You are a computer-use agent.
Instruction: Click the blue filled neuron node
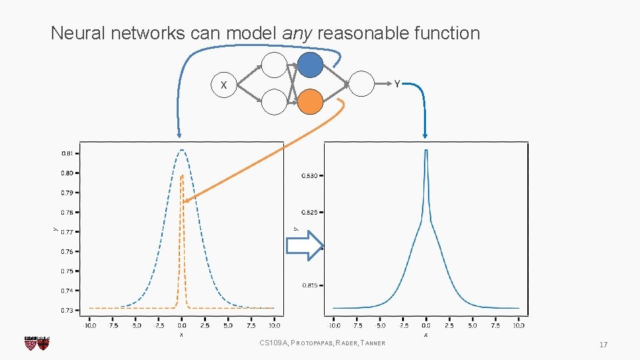click(x=310, y=65)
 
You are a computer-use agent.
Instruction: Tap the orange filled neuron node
click(x=310, y=101)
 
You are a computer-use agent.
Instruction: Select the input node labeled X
click(x=224, y=85)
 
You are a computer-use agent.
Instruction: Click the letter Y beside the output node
click(x=397, y=84)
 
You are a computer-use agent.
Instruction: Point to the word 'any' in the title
click(x=297, y=33)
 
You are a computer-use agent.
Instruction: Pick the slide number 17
click(x=603, y=345)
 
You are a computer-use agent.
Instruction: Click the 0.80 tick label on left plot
click(x=67, y=173)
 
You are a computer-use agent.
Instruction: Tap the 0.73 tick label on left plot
click(x=67, y=310)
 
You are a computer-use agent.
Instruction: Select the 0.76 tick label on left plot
click(x=67, y=251)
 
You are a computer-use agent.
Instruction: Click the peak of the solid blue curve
click(x=426, y=151)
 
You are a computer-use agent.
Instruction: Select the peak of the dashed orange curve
click(x=182, y=176)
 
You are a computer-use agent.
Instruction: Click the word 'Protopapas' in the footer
click(x=309, y=343)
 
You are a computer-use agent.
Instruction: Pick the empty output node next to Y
click(x=362, y=84)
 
